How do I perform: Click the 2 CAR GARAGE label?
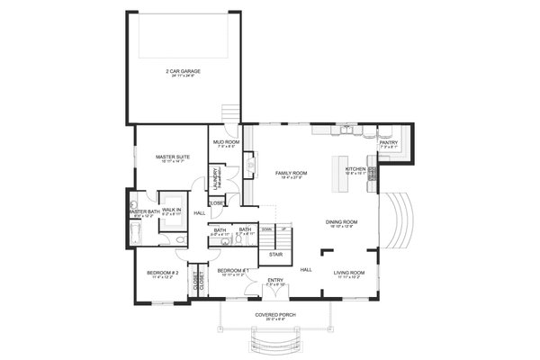coord(184,70)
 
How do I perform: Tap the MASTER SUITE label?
coord(170,156)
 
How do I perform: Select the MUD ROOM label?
coord(226,141)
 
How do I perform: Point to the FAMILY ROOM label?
coord(292,172)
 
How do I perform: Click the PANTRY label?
coord(388,141)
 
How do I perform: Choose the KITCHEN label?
coord(355,168)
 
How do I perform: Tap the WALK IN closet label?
coord(171,210)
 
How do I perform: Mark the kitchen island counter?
coord(340,173)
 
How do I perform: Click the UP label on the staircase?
coord(283,229)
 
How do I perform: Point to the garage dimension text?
coord(184,76)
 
